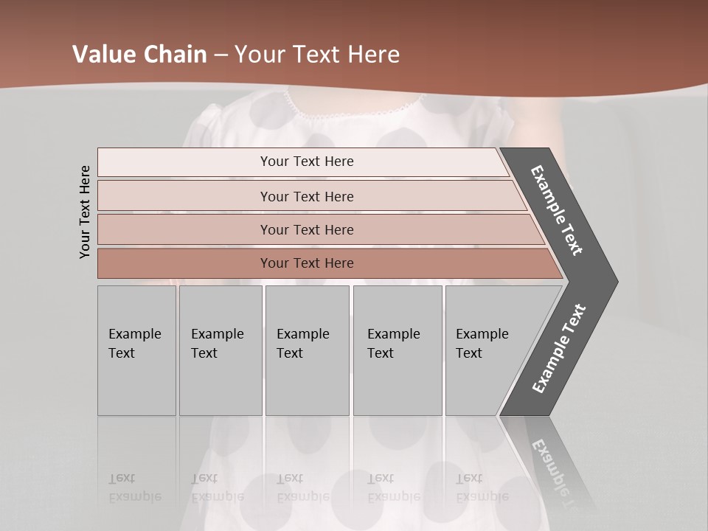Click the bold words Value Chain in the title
tap(139, 55)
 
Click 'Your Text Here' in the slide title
tap(317, 55)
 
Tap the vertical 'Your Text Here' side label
tap(85, 212)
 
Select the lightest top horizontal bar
tap(306, 162)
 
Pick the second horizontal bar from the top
tap(306, 196)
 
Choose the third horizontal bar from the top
tap(306, 229)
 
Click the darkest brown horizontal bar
tap(306, 263)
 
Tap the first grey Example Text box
tap(136, 350)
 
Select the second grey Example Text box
tap(221, 350)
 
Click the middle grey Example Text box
tap(307, 350)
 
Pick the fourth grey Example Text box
tap(398, 350)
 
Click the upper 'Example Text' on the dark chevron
tap(557, 210)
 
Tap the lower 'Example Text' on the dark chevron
tap(559, 348)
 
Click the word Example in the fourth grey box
tap(394, 334)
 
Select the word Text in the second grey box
tap(204, 353)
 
